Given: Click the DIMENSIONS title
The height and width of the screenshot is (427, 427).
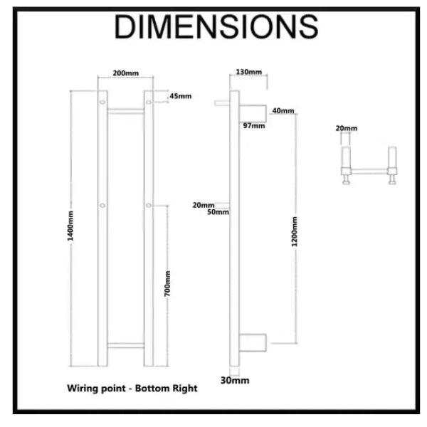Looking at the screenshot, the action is tap(216, 27).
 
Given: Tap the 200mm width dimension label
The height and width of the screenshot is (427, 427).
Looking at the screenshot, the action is tap(126, 73).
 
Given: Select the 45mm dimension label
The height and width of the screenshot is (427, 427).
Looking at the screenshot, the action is tap(181, 96).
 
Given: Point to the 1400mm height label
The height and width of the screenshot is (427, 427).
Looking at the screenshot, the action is tap(70, 226).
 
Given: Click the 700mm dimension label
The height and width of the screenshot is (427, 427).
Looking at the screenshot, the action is tap(167, 284).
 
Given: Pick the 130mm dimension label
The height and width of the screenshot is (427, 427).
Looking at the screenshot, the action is tap(249, 72).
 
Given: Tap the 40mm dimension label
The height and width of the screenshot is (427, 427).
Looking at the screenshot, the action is tap(283, 111).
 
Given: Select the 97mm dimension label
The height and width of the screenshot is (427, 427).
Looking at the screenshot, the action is tap(254, 126).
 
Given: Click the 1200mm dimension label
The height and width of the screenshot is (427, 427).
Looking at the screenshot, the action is tap(295, 232).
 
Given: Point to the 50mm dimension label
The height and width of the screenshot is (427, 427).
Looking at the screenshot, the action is tap(218, 212).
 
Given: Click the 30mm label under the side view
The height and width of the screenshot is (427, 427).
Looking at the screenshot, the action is tap(235, 381).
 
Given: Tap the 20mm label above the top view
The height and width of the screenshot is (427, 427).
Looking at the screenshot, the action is tap(347, 128).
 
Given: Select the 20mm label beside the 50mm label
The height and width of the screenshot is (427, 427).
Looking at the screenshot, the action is tap(204, 205).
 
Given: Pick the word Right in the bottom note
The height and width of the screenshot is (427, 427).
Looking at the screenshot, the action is tap(185, 389).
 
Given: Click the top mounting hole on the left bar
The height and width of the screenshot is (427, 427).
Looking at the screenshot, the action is tap(102, 102).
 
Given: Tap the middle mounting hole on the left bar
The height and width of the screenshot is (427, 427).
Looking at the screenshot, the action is tap(102, 206).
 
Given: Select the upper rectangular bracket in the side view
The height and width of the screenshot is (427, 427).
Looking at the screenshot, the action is tap(253, 114).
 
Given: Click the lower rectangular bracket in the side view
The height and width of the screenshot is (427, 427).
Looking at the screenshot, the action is tap(253, 342).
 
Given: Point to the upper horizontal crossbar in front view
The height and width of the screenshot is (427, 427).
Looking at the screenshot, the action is tap(125, 112).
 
